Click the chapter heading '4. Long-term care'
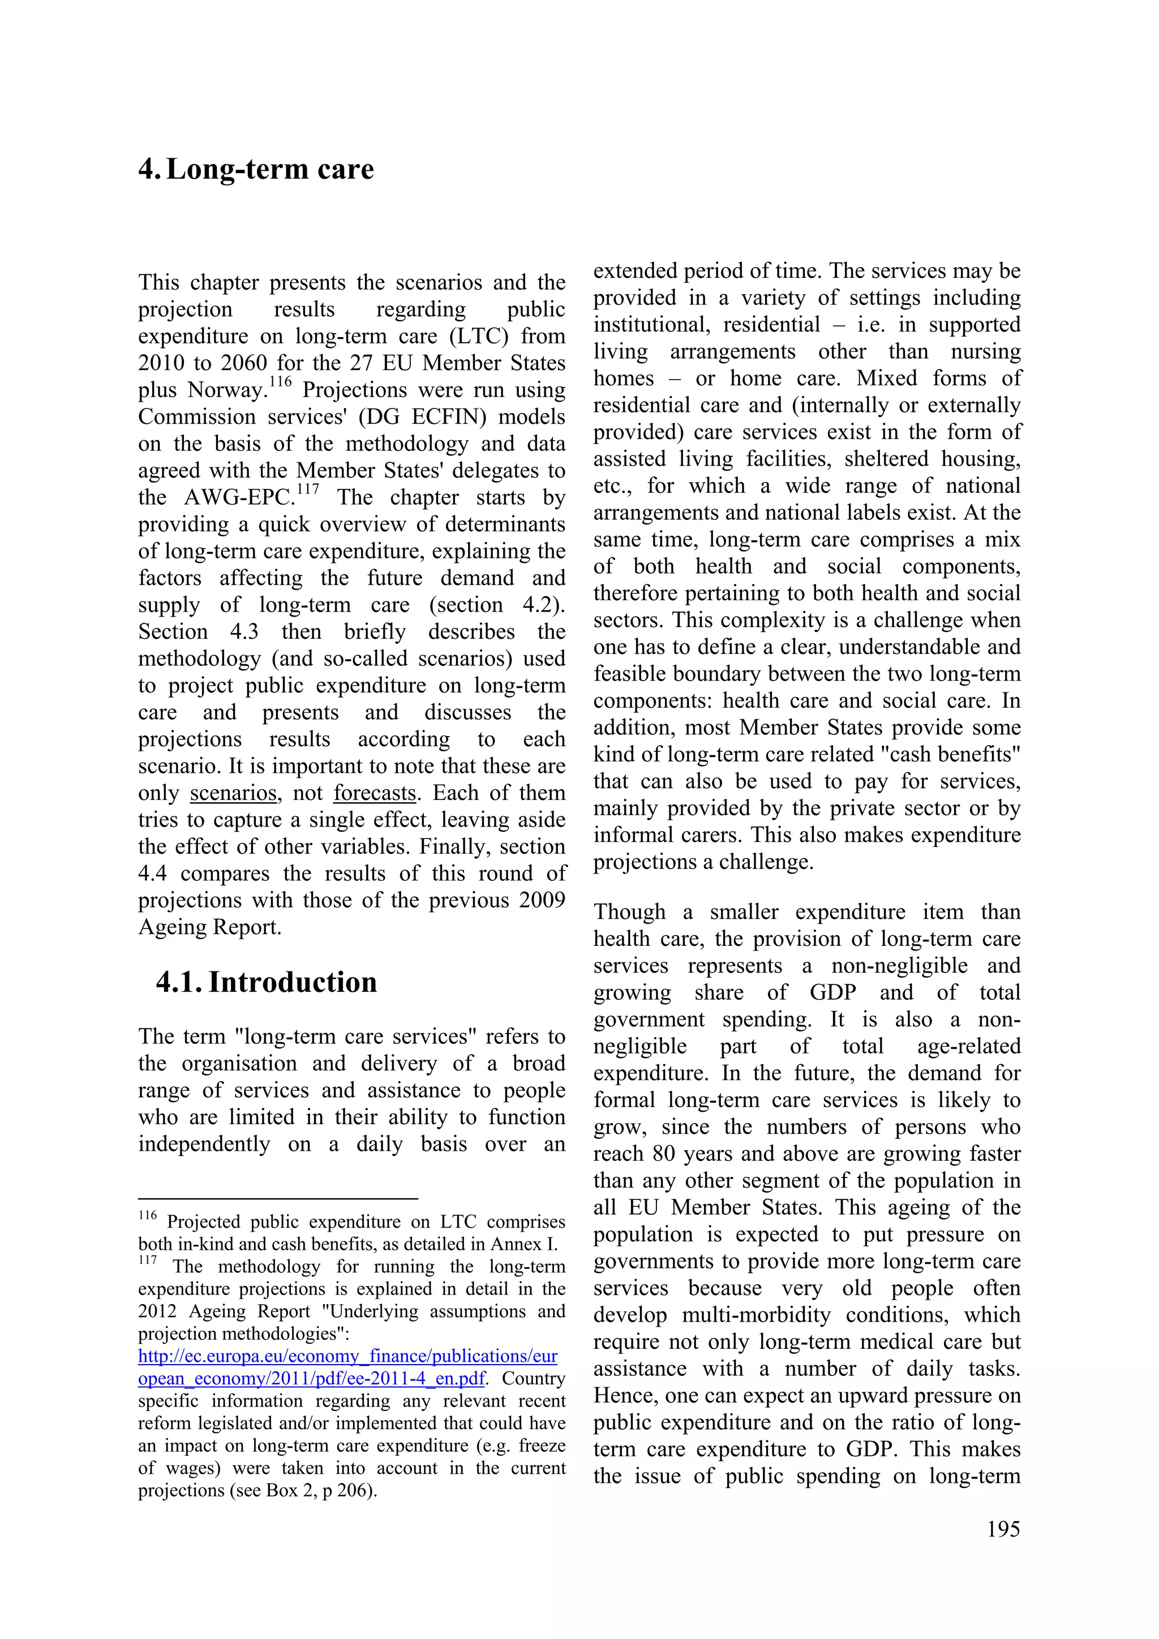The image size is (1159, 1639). click(x=256, y=169)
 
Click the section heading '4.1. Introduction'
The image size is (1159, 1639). click(x=267, y=982)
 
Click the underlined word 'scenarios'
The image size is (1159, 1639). click(x=234, y=793)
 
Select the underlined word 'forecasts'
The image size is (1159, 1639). click(x=375, y=793)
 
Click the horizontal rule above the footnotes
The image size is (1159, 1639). click(x=277, y=1199)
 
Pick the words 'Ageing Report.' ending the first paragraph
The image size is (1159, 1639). click(x=210, y=927)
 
